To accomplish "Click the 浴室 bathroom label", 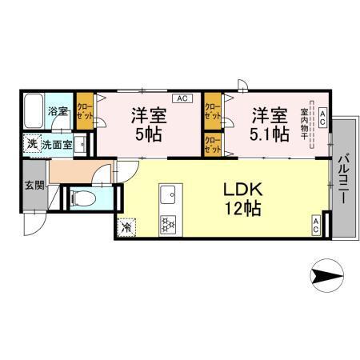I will click(57, 111).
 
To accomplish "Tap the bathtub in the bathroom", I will click(34, 111).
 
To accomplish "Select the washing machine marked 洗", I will click(31, 145).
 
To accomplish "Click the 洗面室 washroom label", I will click(58, 145).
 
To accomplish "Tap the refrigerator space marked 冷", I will click(127, 227).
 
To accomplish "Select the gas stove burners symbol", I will click(169, 226).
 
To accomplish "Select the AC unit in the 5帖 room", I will click(182, 98).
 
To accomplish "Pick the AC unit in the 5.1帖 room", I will click(322, 118).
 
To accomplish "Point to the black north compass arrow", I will click(328, 277).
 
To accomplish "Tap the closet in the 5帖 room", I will click(85, 110).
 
